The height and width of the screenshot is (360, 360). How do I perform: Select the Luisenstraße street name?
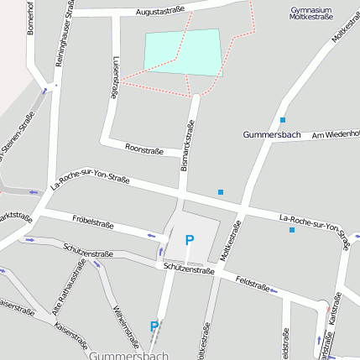(x=115, y=78)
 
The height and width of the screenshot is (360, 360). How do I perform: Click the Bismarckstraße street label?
(x=189, y=146)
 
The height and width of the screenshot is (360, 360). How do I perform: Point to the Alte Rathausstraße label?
(x=69, y=287)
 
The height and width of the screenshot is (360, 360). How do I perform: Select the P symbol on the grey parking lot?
(x=190, y=240)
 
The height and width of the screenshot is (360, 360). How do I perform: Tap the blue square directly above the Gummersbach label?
(x=283, y=120)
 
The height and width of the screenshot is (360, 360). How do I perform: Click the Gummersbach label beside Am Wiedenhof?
(x=271, y=134)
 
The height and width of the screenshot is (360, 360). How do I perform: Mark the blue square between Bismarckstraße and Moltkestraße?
(x=221, y=192)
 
